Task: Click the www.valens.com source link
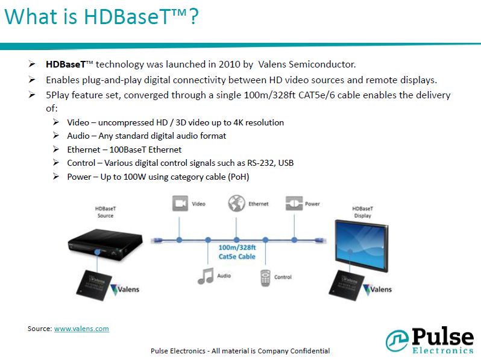coord(81,329)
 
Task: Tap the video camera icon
coord(180,203)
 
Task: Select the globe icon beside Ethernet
coord(236,203)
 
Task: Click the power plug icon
coord(294,203)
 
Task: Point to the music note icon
coord(206,276)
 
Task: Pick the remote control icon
coord(265,278)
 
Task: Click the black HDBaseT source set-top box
coord(105,245)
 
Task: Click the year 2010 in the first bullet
coord(229,65)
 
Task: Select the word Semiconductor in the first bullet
coord(322,65)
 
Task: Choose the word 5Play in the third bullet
coord(57,95)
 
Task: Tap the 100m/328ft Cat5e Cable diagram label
coord(237,252)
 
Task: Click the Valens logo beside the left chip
coord(125,289)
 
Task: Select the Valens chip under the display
coord(347,285)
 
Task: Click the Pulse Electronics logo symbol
coord(397,340)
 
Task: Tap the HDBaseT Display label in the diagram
coord(363,212)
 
